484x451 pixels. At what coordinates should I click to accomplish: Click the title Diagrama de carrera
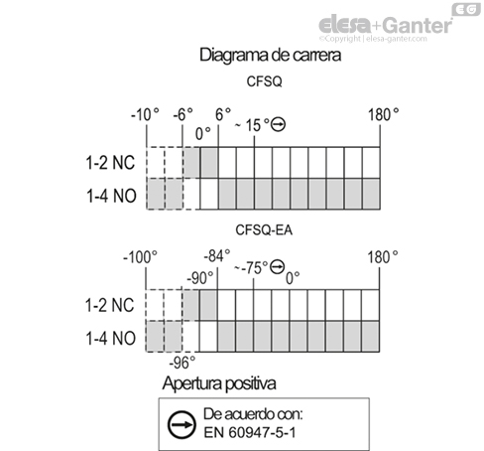[270, 56]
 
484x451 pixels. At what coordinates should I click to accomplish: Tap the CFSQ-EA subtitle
[264, 229]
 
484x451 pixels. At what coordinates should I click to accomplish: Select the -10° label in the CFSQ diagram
[145, 115]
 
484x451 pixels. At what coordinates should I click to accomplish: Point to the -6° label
[182, 114]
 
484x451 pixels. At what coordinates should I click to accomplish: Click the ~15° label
[252, 125]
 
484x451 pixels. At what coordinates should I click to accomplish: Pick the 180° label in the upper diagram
[383, 114]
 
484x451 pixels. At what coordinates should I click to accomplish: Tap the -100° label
[140, 257]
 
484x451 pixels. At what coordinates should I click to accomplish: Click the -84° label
[217, 256]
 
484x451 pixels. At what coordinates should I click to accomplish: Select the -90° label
[200, 278]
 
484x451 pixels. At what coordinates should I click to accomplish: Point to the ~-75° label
[251, 267]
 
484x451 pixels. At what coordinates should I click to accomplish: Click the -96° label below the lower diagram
[182, 363]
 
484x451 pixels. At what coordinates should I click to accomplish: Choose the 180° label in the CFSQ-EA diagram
[383, 257]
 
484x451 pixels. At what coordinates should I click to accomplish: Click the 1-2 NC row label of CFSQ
[110, 163]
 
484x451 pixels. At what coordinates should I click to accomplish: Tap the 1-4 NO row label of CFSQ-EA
[111, 339]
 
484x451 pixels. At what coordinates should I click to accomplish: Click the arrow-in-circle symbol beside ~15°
[278, 124]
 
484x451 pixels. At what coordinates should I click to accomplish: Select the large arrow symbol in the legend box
[181, 425]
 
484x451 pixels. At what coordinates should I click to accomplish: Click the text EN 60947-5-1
[250, 432]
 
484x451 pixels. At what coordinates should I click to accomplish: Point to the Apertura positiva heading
[219, 383]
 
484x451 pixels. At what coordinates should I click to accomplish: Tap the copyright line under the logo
[373, 39]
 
